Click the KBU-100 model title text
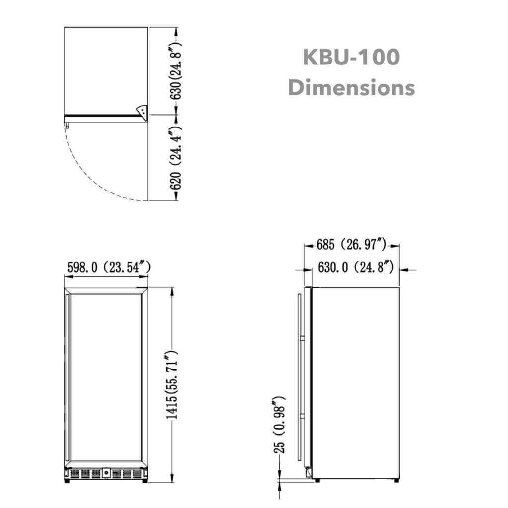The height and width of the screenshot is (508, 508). pyautogui.click(x=351, y=57)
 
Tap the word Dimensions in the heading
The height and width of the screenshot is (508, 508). pyautogui.click(x=351, y=88)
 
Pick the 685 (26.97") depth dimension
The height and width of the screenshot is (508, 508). pyautogui.click(x=352, y=244)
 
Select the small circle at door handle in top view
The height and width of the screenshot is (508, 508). pyautogui.click(x=66, y=126)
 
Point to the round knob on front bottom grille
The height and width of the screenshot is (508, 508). pyautogui.click(x=106, y=473)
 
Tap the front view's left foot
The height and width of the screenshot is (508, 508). pyautogui.click(x=67, y=480)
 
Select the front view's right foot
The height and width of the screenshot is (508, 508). pyautogui.click(x=145, y=480)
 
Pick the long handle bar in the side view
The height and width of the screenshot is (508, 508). pyautogui.click(x=299, y=377)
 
